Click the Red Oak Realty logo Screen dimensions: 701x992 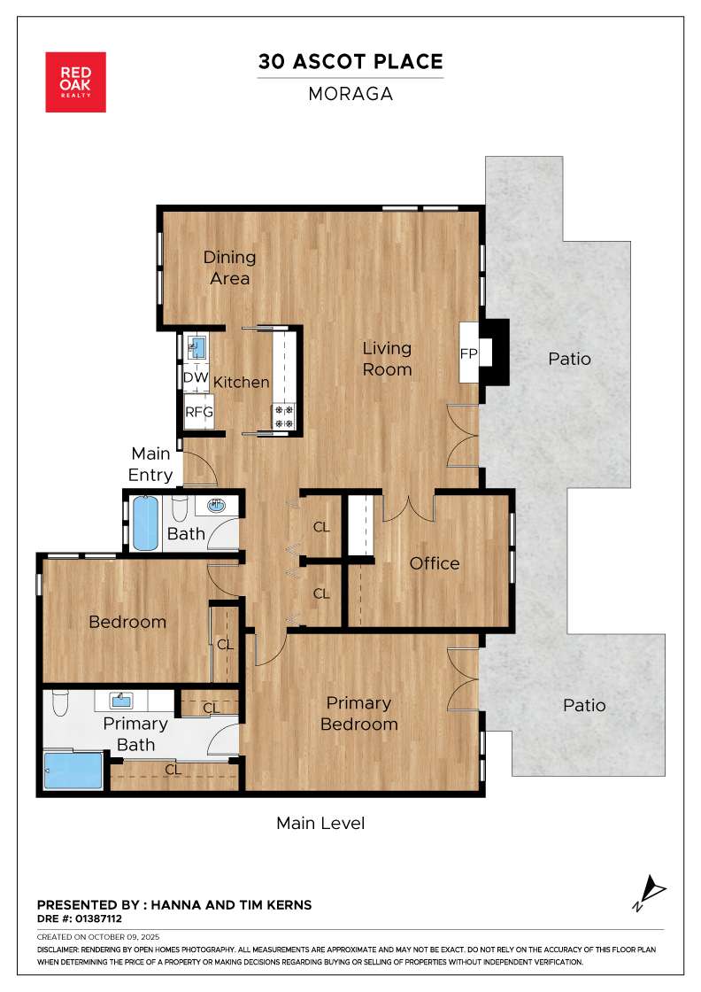pyautogui.click(x=76, y=82)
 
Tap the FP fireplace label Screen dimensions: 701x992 pyautogui.click(x=468, y=353)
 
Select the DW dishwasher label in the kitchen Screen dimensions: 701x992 pyautogui.click(x=196, y=377)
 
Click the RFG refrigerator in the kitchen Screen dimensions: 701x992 pyautogui.click(x=198, y=412)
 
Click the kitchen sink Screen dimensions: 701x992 pyautogui.click(x=196, y=346)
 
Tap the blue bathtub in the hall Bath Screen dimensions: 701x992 pyautogui.click(x=145, y=523)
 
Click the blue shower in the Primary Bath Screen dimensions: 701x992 pyautogui.click(x=73, y=770)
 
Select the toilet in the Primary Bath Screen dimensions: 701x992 pyautogui.click(x=60, y=702)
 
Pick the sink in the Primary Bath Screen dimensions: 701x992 pyautogui.click(x=120, y=701)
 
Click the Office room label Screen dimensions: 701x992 pyautogui.click(x=435, y=563)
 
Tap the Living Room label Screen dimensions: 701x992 pyautogui.click(x=387, y=359)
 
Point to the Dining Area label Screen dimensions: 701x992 pyautogui.click(x=229, y=267)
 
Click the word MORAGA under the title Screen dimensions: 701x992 pyautogui.click(x=350, y=94)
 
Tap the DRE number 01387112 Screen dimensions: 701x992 pyautogui.click(x=98, y=918)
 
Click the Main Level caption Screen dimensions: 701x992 pyautogui.click(x=320, y=823)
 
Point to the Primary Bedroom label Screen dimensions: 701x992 pyautogui.click(x=359, y=714)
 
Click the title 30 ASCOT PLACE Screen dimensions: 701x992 pyautogui.click(x=350, y=61)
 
